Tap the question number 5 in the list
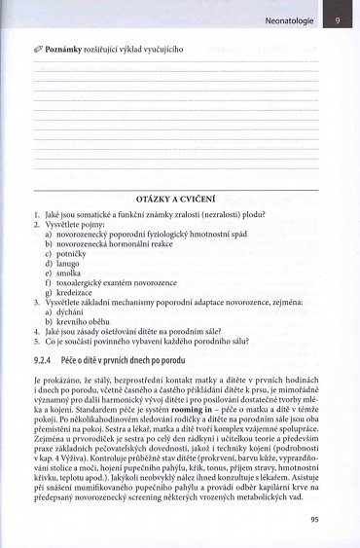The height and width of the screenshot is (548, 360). coord(36,342)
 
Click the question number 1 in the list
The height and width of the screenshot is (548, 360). coord(36,214)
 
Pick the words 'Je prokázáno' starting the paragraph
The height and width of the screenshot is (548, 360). coord(55,379)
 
